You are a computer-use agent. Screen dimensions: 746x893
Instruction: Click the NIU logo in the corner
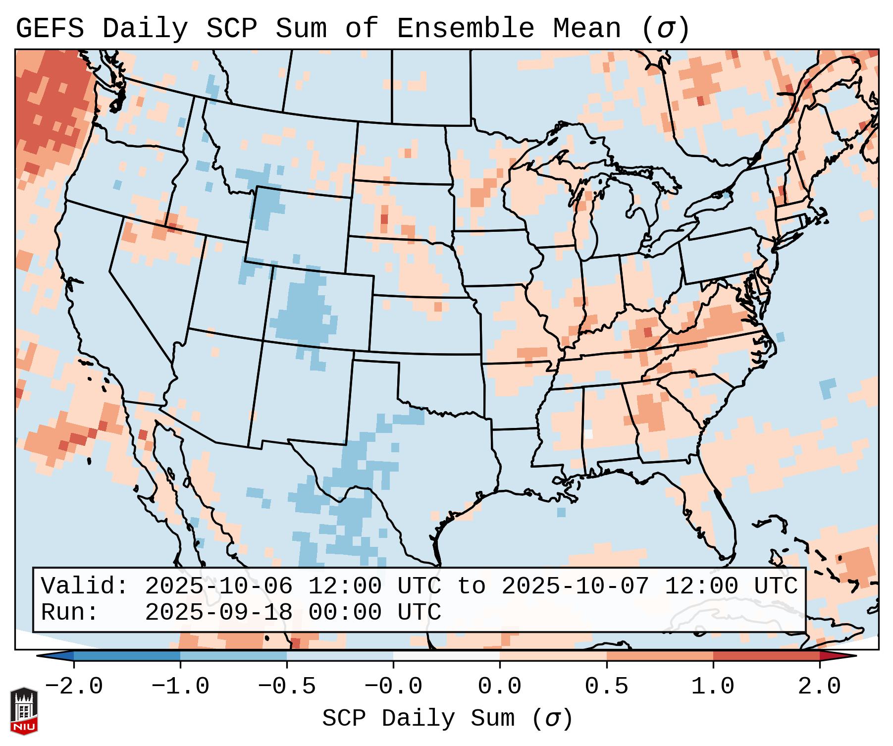pos(24,710)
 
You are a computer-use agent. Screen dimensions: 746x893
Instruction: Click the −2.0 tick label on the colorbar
pos(74,687)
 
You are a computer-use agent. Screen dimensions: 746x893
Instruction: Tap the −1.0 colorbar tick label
pos(180,687)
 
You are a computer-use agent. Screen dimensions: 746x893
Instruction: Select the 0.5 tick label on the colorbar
pos(607,687)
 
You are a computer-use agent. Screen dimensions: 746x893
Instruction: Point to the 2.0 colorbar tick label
pos(820,687)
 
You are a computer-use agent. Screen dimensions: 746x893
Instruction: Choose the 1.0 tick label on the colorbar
pos(713,687)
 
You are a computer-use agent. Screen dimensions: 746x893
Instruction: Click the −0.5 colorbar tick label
pos(287,687)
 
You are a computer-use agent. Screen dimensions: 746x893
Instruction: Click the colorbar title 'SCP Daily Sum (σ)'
pos(447,718)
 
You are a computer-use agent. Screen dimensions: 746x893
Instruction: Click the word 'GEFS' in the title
pos(50,29)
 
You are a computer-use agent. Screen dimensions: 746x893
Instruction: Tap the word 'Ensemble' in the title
pos(466,29)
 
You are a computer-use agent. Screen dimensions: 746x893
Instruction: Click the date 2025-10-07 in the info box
pos(575,586)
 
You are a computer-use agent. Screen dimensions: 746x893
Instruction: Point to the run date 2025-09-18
pos(218,612)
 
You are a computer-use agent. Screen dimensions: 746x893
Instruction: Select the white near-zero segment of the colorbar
pos(446,656)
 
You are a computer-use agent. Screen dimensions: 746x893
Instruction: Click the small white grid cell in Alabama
pos(588,433)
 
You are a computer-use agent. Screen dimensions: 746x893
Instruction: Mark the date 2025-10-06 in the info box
pos(218,586)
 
